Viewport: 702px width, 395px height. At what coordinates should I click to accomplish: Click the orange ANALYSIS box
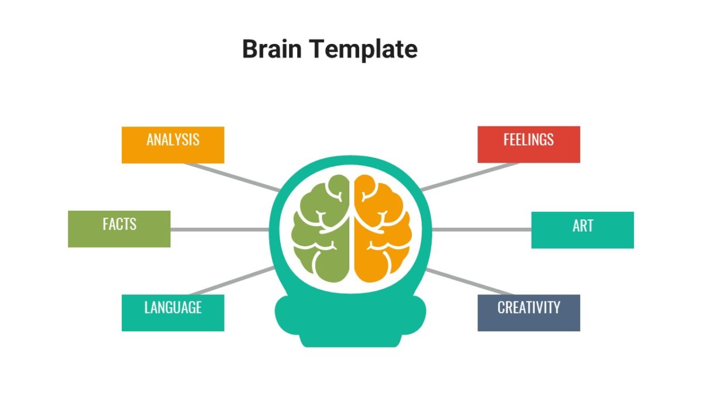coord(173,145)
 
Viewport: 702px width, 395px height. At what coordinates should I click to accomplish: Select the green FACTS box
coord(119,229)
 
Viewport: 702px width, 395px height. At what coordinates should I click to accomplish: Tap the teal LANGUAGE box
coord(173,312)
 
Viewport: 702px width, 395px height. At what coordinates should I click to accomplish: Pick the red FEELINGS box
coord(528,144)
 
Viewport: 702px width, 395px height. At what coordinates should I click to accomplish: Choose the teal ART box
coord(582,230)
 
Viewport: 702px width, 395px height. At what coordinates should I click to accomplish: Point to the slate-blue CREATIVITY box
coord(528,312)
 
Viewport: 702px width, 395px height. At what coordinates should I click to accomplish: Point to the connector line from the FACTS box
coord(219,229)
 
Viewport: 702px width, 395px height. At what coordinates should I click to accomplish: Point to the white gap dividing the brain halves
coord(352,228)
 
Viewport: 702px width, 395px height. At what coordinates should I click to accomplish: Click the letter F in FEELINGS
coord(507,140)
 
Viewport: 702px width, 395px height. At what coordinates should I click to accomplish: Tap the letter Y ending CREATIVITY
coord(556,308)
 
